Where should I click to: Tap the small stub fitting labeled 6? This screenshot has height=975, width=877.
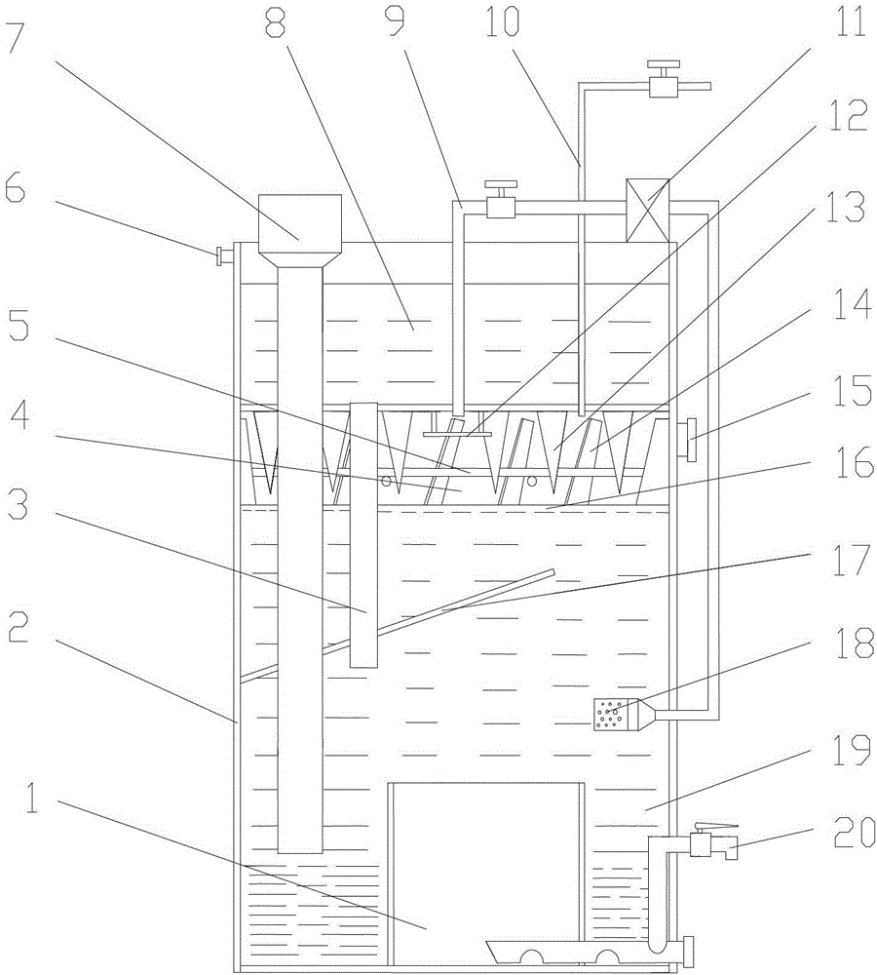coord(223,256)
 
